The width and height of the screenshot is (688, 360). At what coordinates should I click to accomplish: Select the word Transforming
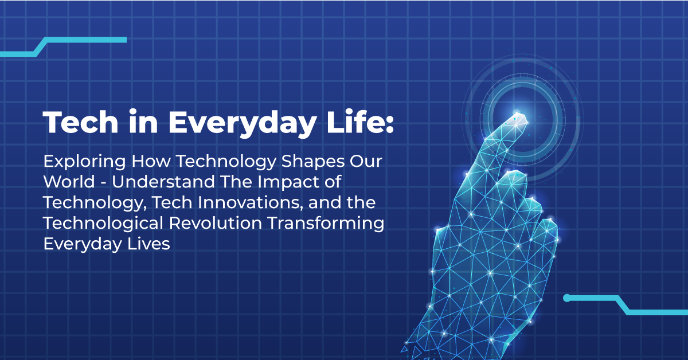click(x=329, y=224)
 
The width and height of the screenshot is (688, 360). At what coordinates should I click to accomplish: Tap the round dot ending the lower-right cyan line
click(x=566, y=298)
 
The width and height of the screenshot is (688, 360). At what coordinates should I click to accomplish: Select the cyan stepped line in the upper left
click(x=63, y=46)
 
